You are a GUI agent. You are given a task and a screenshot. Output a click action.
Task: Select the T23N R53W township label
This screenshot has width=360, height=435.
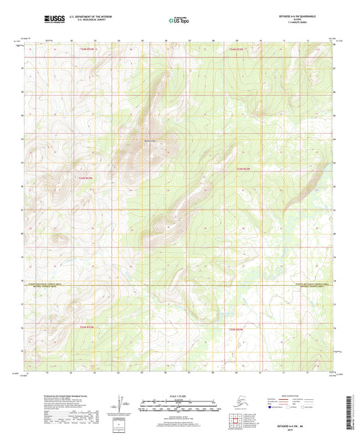pos(79,176)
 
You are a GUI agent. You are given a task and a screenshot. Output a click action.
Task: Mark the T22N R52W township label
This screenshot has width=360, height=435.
pos(234,327)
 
